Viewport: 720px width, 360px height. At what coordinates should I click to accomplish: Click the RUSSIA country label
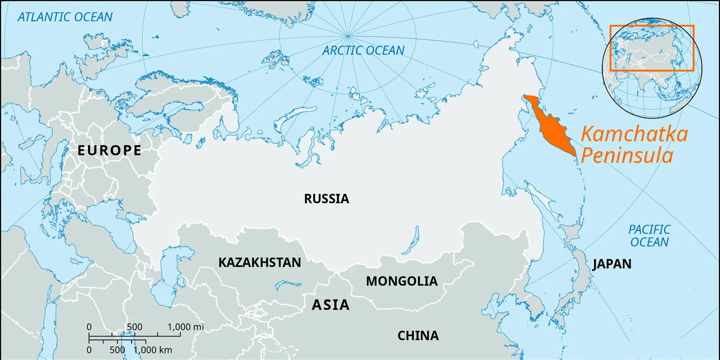[x=326, y=198]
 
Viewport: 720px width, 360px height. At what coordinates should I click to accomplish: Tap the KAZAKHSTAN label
[x=260, y=262]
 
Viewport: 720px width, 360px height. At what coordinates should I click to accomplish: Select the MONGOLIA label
[x=401, y=281]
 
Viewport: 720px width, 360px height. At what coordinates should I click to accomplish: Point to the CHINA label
[x=418, y=336]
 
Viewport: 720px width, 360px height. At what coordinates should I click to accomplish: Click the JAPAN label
[x=612, y=264]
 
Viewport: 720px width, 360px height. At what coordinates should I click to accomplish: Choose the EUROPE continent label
[x=109, y=150]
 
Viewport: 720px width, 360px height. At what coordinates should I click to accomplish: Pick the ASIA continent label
[x=331, y=305]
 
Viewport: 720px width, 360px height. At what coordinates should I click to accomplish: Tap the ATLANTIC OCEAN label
[x=65, y=17]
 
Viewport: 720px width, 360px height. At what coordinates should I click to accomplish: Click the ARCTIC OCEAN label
[x=363, y=50]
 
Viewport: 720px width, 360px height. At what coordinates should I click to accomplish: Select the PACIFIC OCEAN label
[x=649, y=236]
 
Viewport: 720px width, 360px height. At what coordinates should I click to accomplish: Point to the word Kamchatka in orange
[x=634, y=134]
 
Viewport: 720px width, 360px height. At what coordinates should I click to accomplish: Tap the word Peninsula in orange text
[x=627, y=156]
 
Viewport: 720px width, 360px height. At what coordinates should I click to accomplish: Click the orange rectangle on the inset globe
[x=652, y=26]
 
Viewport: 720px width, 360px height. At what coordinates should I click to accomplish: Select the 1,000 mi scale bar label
[x=185, y=327]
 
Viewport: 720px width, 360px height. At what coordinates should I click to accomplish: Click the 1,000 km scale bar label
[x=153, y=350]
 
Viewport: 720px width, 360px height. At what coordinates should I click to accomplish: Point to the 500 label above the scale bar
[x=134, y=327]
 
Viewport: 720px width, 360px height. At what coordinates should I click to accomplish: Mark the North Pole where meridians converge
[x=347, y=36]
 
